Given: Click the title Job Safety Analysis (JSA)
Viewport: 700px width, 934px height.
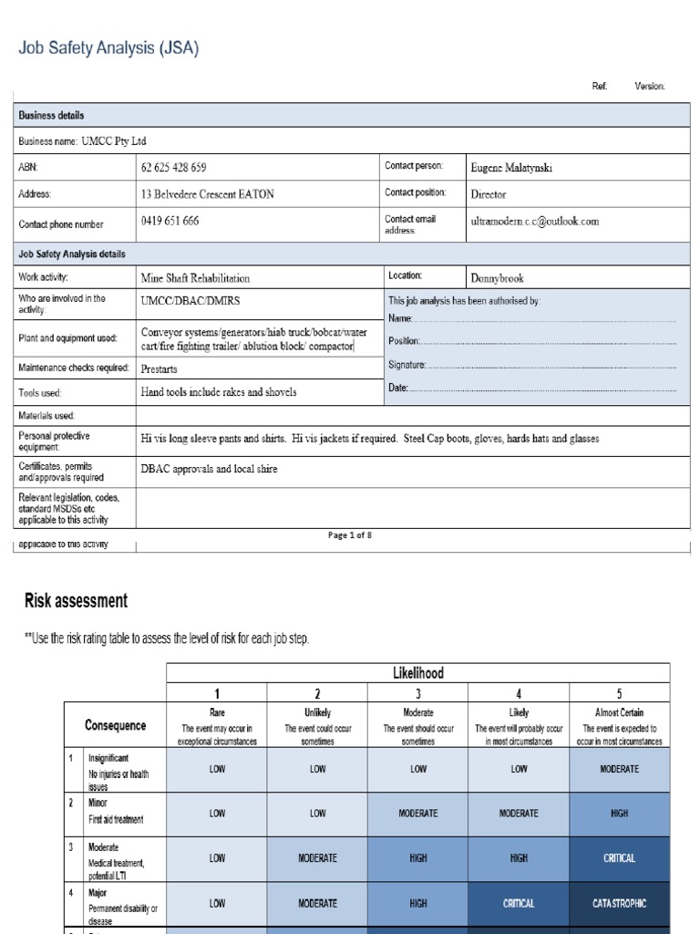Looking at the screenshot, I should (x=108, y=49).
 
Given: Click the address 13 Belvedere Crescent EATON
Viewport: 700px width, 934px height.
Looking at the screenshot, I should (x=207, y=193).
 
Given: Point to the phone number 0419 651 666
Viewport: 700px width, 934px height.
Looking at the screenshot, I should (x=170, y=222).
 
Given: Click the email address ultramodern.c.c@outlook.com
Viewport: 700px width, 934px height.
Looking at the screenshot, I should (x=535, y=222).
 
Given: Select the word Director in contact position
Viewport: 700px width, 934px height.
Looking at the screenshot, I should (x=488, y=193).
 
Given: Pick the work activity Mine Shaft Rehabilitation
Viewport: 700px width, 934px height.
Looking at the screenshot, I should (x=195, y=277).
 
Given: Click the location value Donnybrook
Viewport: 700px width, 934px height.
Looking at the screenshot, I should (x=497, y=277).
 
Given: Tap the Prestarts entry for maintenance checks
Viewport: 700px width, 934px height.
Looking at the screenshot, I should (x=160, y=369).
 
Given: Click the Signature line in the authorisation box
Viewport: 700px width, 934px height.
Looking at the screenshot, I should (x=407, y=365).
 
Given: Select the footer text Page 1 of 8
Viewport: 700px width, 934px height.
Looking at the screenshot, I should (x=350, y=535).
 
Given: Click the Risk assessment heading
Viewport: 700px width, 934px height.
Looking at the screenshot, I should (x=75, y=601).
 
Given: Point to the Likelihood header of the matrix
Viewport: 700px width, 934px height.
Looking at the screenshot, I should (x=417, y=672).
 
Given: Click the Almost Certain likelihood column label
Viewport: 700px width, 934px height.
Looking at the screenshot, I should (x=619, y=712).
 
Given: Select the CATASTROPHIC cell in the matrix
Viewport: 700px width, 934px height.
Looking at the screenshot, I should (x=619, y=903).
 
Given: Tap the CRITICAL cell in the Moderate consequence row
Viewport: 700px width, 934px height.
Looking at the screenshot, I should (x=619, y=858).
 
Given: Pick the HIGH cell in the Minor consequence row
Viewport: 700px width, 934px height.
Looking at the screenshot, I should (x=619, y=813).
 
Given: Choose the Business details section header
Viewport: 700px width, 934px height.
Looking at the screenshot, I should (x=51, y=116).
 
